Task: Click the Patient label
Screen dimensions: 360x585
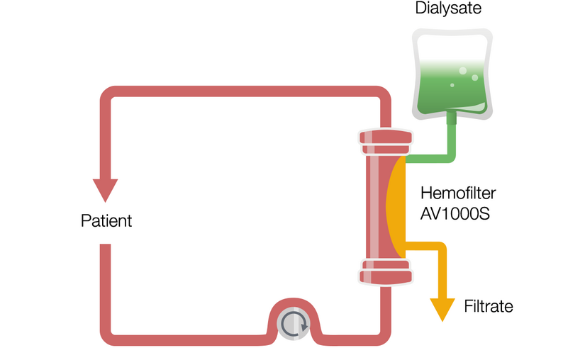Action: tap(106, 220)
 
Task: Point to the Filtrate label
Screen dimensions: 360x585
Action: tap(488, 307)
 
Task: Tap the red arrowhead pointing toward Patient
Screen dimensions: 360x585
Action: tap(106, 189)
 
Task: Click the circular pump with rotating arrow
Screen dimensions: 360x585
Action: tap(291, 324)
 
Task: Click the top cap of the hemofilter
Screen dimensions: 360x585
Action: tap(385, 142)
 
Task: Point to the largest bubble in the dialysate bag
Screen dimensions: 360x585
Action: tap(462, 71)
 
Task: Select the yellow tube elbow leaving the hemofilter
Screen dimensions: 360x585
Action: tap(440, 249)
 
